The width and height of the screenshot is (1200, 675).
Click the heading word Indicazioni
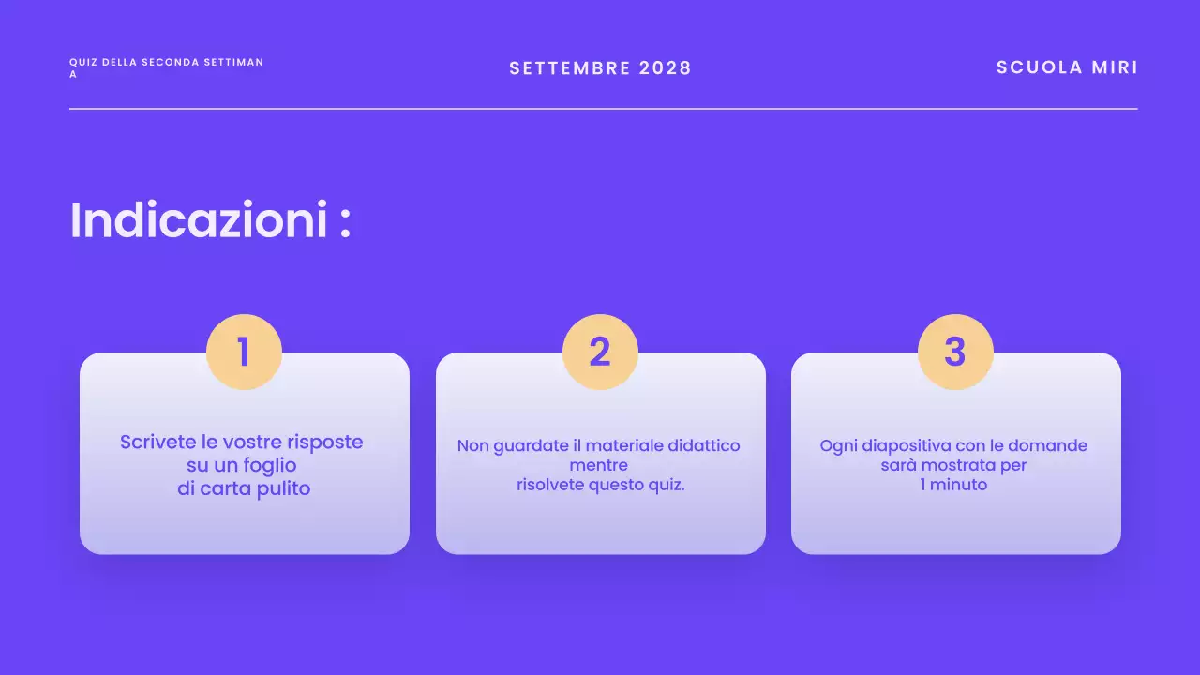(199, 220)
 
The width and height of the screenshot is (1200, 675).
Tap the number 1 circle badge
(244, 352)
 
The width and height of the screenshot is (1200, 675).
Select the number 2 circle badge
(600, 352)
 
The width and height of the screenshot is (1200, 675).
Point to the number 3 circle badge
(955, 352)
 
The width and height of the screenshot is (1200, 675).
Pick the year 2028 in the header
(665, 68)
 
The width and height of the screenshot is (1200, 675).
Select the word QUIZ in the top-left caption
(82, 62)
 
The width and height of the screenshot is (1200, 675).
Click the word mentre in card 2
(599, 465)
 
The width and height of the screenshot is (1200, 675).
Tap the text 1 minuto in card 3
(953, 485)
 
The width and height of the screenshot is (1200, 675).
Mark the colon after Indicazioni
(345, 223)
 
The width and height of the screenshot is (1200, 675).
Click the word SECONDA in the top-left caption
(169, 62)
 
